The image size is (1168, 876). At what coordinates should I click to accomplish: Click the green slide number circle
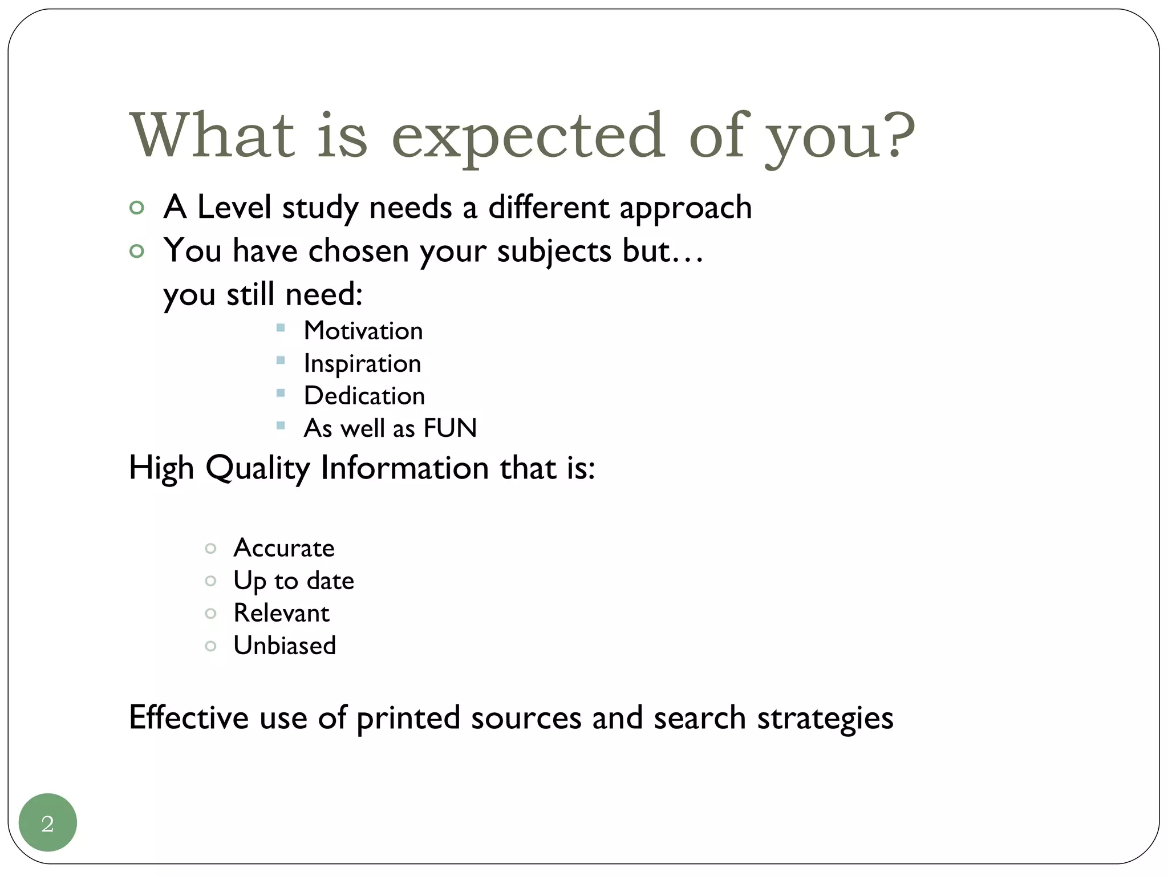click(48, 822)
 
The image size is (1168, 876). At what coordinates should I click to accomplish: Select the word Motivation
click(363, 331)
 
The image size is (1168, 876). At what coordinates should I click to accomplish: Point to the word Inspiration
click(362, 364)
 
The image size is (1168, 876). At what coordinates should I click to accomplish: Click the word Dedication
click(364, 396)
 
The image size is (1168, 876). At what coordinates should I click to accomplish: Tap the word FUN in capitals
click(450, 428)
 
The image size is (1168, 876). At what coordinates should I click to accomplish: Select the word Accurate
click(284, 548)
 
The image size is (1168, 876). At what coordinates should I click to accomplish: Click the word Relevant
click(281, 613)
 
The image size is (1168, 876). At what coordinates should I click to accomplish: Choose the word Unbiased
click(285, 646)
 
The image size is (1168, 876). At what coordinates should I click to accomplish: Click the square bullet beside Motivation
click(281, 328)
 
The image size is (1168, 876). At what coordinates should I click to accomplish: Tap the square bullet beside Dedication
click(281, 393)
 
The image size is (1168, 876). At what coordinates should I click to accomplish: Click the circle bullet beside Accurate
click(210, 549)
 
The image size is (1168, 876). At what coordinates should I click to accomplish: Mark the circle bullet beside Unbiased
click(210, 646)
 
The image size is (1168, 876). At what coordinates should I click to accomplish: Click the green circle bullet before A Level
click(137, 208)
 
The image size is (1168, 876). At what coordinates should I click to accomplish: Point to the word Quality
click(257, 469)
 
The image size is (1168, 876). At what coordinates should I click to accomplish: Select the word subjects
click(554, 251)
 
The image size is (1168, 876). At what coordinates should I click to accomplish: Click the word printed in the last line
click(408, 718)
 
